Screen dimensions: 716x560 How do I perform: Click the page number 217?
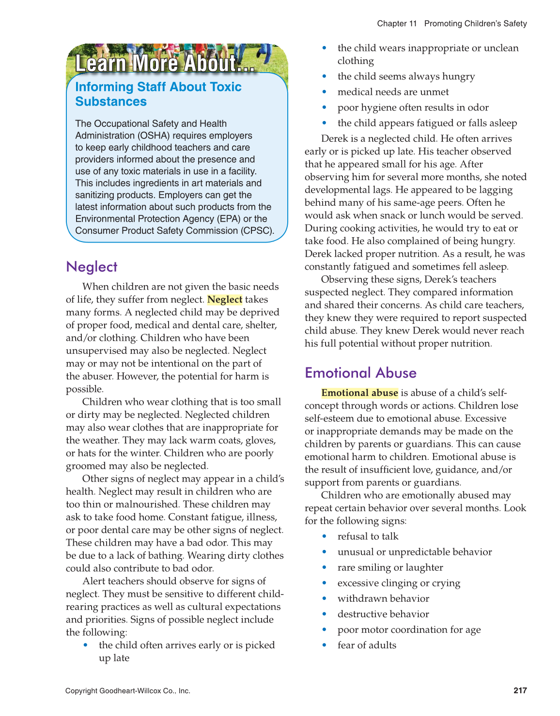point(520,690)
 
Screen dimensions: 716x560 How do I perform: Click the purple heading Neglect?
point(92,267)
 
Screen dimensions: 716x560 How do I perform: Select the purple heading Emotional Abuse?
point(360,373)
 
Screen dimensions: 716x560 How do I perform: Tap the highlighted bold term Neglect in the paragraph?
point(225,300)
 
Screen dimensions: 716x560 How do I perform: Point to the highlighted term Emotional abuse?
point(359,393)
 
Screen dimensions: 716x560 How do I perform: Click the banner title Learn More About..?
point(165,63)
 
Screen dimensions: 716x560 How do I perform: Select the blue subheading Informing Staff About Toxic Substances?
point(158,94)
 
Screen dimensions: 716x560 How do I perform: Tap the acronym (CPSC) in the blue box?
point(257,231)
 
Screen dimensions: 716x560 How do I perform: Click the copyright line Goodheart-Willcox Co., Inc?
point(128,691)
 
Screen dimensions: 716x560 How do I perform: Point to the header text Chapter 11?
point(397,23)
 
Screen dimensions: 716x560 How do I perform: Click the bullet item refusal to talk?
point(368,536)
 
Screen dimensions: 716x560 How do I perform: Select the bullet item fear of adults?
point(367,645)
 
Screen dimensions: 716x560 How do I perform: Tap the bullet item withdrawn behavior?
point(383,599)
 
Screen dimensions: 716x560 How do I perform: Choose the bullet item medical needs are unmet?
point(393,92)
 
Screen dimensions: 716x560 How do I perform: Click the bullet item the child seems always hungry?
point(406,76)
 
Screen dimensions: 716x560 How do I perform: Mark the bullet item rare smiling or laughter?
point(390,567)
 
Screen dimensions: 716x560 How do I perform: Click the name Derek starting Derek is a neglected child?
point(334,139)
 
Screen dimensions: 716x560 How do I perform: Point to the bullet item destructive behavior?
point(383,614)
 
